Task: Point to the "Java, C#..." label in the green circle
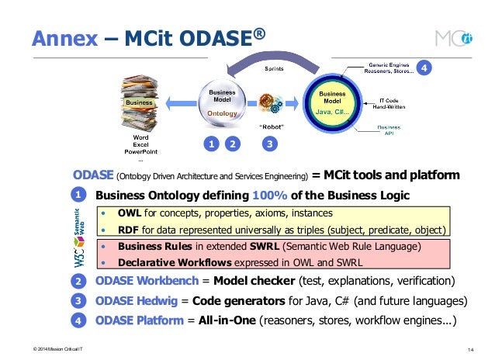click(332, 112)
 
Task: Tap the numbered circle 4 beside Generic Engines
click(423, 68)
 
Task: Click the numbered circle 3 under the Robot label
click(269, 144)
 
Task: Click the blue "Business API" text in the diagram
click(389, 129)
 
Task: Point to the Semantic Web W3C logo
click(79, 236)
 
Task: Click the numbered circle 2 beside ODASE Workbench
click(78, 281)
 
